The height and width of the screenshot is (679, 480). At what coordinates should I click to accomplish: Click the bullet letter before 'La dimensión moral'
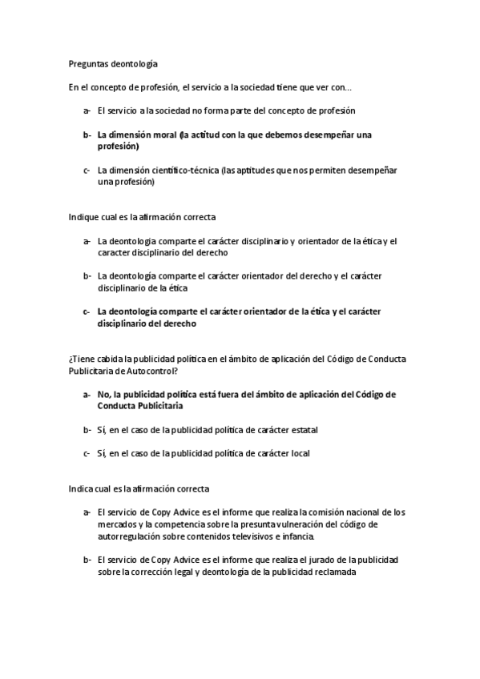(86, 135)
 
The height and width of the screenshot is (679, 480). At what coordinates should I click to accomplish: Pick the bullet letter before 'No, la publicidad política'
(86, 395)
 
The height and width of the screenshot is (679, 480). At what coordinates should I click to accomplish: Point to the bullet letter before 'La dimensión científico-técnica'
(86, 171)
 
